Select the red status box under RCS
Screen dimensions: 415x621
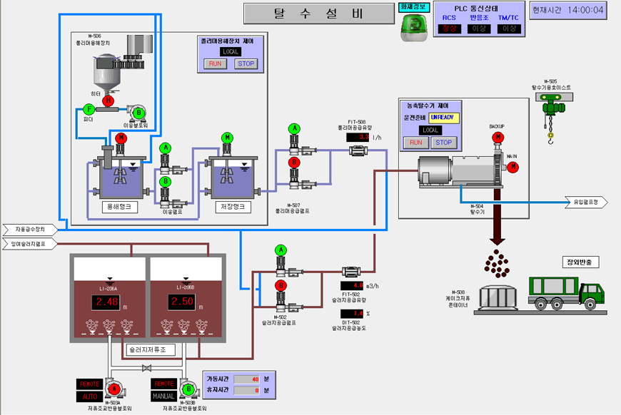tap(449, 29)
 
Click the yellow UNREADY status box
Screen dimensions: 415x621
tap(444, 117)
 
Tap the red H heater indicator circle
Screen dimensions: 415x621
tap(108, 101)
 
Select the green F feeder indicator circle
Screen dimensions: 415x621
tap(89, 109)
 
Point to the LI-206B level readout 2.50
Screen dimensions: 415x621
tap(183, 302)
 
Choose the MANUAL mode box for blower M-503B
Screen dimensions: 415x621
tap(163, 395)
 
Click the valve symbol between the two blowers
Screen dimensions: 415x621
tap(146, 368)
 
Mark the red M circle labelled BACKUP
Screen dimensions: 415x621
tap(498, 138)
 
